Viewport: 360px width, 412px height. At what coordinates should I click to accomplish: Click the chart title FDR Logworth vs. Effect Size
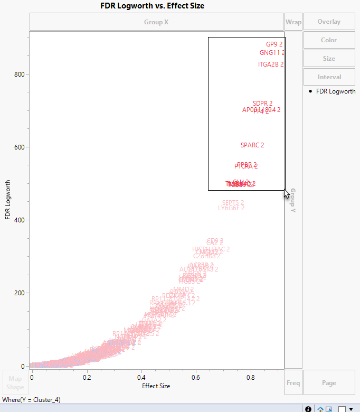click(152, 6)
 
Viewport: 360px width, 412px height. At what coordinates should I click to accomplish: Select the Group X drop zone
click(156, 22)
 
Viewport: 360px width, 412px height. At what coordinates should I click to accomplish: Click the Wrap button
click(293, 22)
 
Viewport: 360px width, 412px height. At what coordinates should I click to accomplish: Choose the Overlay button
click(329, 22)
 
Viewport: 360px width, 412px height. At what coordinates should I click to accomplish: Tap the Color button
click(329, 40)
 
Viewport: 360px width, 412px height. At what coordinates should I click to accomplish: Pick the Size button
click(329, 59)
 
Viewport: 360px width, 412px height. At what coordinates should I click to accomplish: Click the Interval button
click(329, 77)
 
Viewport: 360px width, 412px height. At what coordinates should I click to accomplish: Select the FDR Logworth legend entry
click(335, 91)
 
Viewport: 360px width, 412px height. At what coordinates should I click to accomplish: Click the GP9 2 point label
click(274, 44)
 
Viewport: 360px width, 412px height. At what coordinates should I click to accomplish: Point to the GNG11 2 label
click(272, 53)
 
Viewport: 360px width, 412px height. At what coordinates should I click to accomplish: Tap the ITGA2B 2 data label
click(270, 64)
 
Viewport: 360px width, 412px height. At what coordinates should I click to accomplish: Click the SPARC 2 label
click(252, 145)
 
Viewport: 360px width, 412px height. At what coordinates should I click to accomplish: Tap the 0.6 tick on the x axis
click(196, 378)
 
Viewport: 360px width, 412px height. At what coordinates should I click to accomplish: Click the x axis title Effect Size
click(156, 386)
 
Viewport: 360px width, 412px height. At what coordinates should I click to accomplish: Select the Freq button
click(293, 383)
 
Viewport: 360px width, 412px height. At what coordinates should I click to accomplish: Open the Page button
click(329, 383)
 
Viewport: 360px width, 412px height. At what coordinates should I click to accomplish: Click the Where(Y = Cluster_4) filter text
click(31, 400)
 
